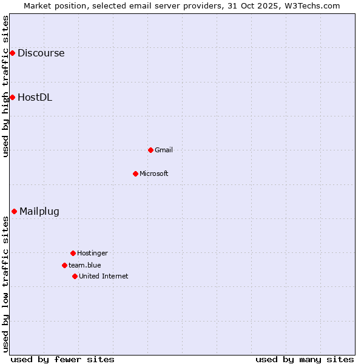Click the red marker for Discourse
click(12, 53)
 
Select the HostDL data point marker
click(12, 97)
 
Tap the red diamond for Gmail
click(150, 150)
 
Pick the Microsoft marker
click(135, 174)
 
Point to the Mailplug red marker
click(14, 211)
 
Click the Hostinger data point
click(73, 253)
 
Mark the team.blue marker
click(64, 265)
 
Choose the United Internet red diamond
click(75, 276)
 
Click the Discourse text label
click(41, 53)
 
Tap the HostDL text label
click(35, 97)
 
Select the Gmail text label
click(164, 150)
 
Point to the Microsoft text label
click(154, 174)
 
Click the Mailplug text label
click(39, 211)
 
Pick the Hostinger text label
click(92, 253)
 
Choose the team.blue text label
click(85, 265)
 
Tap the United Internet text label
click(104, 276)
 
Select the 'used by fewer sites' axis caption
click(62, 359)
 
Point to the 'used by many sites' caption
click(305, 359)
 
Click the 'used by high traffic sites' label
click(5, 86)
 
